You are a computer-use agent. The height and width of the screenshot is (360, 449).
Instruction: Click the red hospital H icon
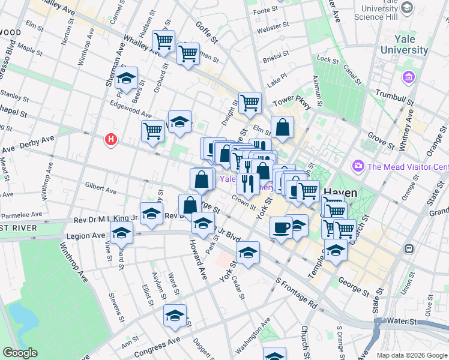(110, 140)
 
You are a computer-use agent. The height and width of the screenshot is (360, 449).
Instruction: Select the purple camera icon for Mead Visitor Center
(358, 165)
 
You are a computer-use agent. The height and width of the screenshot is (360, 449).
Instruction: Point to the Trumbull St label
(394, 94)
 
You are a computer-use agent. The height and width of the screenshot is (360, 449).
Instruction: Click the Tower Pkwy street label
(292, 103)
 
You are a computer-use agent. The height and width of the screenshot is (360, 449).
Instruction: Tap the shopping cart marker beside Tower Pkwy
(250, 102)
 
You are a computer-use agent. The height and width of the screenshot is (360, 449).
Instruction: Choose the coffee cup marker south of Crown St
(280, 227)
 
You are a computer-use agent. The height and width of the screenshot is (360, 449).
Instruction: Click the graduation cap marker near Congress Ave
(175, 315)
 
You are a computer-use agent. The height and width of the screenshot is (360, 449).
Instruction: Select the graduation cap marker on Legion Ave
(122, 233)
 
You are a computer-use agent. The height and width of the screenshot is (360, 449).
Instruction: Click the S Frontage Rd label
(295, 293)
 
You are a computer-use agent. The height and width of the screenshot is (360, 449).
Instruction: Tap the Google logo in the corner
(20, 353)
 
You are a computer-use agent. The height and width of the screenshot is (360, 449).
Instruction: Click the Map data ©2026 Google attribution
(411, 355)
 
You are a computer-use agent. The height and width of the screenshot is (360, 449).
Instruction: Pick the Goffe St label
(206, 32)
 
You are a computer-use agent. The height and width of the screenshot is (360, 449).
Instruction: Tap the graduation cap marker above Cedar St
(247, 253)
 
